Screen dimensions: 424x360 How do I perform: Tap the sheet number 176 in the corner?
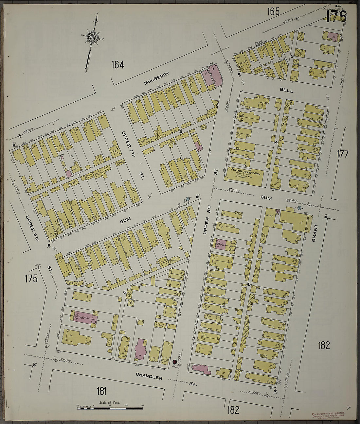click(336, 16)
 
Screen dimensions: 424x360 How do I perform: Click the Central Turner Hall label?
click(246, 172)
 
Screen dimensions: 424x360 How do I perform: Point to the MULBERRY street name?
click(156, 78)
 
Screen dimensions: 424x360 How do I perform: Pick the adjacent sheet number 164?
click(117, 65)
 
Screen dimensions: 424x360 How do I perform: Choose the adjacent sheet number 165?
click(273, 12)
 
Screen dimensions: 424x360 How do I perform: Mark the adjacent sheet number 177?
click(342, 154)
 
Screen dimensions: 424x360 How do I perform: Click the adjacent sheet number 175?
click(31, 279)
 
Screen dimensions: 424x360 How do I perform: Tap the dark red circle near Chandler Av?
click(175, 362)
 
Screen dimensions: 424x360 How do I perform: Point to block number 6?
click(125, 292)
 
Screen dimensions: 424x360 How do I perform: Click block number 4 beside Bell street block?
click(276, 142)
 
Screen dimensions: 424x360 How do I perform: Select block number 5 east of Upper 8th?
click(249, 285)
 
